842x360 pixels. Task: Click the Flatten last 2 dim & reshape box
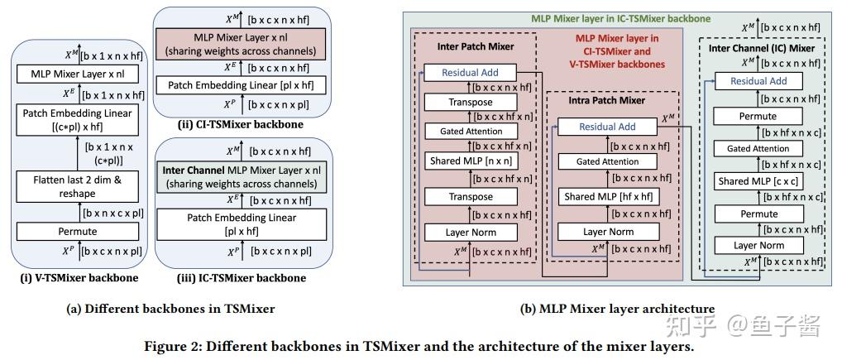click(78, 186)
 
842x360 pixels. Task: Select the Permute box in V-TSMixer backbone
click(78, 232)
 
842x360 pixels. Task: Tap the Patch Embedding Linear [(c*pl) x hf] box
click(78, 120)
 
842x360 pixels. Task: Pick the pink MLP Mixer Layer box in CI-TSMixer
click(241, 44)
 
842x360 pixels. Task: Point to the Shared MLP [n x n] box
click(471, 161)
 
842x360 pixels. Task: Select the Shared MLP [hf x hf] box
click(608, 197)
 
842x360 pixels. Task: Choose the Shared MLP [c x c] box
click(758, 181)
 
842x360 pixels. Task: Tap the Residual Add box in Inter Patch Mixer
click(471, 73)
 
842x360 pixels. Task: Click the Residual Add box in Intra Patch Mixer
click(608, 127)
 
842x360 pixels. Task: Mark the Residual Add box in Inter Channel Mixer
click(758, 81)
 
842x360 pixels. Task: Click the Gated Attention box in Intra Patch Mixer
click(608, 161)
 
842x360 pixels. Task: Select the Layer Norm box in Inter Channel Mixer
click(758, 246)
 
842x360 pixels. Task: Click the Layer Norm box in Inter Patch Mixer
click(471, 233)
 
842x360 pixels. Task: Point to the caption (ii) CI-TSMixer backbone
click(241, 125)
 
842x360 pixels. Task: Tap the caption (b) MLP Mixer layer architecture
click(618, 309)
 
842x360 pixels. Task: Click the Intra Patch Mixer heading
click(606, 100)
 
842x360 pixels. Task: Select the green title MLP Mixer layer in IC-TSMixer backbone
click(620, 18)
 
